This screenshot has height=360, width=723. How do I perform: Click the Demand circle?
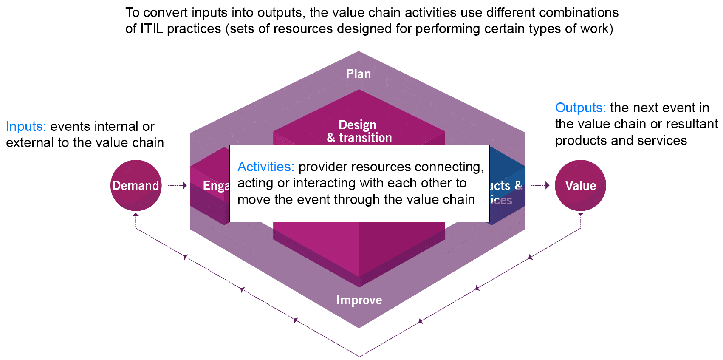[136, 185]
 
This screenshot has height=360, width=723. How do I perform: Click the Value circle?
[580, 185]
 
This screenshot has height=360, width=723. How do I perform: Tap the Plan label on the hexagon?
[359, 74]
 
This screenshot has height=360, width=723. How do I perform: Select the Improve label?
[359, 300]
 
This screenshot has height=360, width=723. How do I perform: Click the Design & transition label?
[359, 131]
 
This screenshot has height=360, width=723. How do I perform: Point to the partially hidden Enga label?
[216, 186]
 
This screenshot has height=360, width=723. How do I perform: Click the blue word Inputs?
[26, 126]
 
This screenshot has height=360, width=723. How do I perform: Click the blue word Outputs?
[580, 108]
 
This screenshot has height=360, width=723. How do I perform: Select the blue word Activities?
[265, 167]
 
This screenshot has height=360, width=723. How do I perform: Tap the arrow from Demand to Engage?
[177, 185]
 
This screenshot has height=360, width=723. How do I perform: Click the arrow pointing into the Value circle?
[540, 185]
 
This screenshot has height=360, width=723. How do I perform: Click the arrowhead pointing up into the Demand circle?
[136, 215]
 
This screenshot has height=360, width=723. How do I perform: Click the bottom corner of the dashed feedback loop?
[359, 356]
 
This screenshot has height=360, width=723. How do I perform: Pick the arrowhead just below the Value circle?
[581, 215]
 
